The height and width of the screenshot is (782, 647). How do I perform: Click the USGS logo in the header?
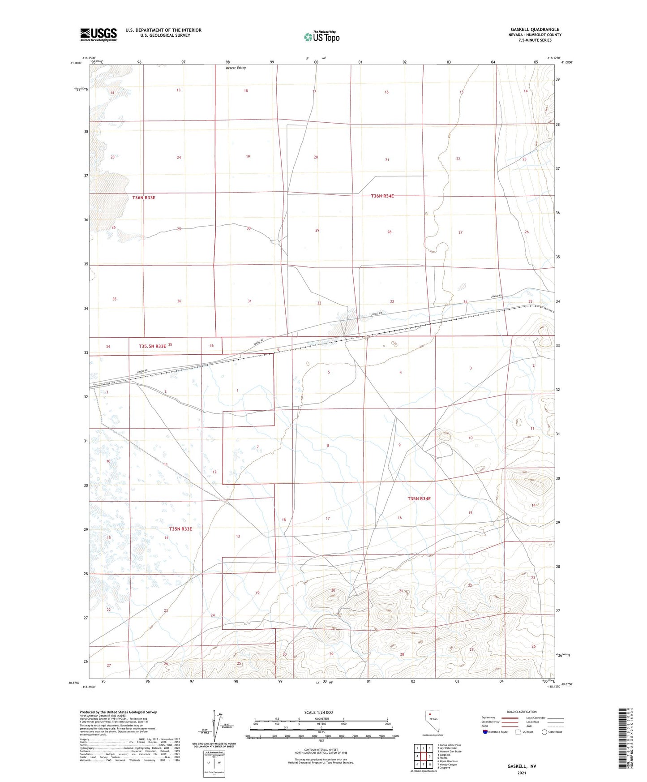(98, 34)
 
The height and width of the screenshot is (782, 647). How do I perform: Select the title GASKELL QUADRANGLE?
(535, 30)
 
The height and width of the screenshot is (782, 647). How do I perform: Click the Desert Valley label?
(236, 68)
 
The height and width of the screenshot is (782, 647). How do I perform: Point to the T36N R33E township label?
(144, 197)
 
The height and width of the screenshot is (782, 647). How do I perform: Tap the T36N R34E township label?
(382, 196)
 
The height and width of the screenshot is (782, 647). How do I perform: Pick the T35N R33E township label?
(180, 529)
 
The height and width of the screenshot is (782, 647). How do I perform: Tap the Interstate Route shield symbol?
(485, 732)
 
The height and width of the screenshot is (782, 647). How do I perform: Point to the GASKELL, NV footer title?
(522, 766)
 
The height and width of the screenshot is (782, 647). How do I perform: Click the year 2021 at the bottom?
(522, 773)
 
